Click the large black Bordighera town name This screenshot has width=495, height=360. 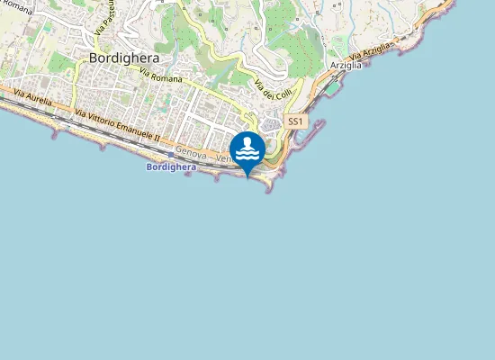125,58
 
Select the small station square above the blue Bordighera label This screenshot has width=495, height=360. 171,155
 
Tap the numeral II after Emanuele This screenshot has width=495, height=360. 156,140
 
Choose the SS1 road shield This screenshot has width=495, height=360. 295,121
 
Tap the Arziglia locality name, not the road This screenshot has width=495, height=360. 346,66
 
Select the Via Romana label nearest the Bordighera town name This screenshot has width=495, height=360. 161,79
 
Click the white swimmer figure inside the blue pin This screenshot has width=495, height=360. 247,148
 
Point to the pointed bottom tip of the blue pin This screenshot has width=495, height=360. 247,176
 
